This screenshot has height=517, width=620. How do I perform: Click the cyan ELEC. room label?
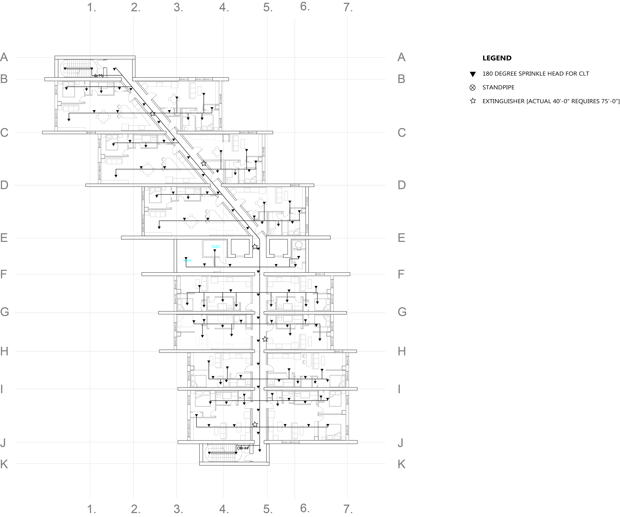(216, 246)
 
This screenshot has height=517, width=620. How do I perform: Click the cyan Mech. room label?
(187, 260)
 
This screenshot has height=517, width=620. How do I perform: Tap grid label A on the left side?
(4, 57)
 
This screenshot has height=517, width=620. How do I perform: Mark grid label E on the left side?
(4, 238)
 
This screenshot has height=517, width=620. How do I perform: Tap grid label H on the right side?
(402, 351)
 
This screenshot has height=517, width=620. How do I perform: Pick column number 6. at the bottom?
(305, 508)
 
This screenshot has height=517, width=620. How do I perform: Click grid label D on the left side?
(4, 185)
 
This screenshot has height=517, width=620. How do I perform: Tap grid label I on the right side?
(399, 389)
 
